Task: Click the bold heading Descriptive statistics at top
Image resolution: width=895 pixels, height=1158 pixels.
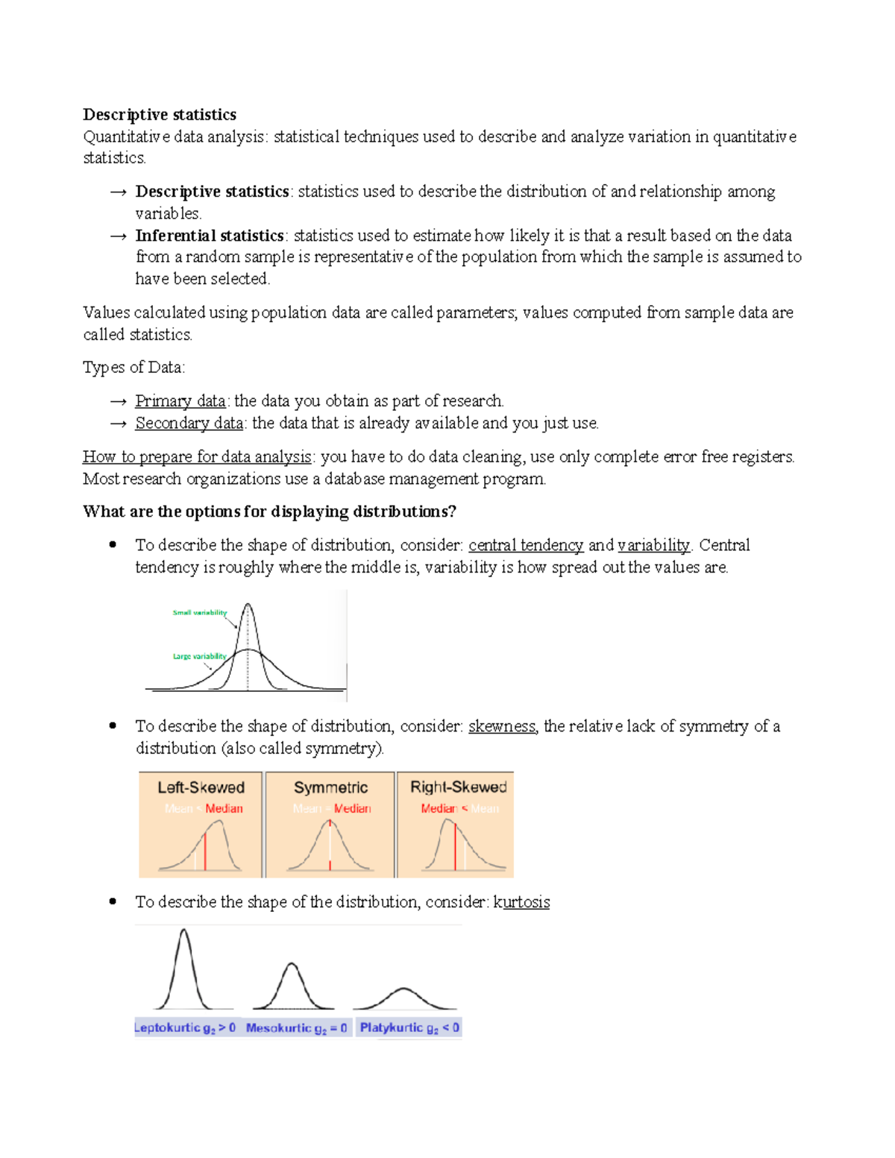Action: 159,114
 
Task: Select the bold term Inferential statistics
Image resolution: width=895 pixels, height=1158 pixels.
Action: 209,236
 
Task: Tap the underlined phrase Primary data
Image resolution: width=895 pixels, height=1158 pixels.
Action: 180,401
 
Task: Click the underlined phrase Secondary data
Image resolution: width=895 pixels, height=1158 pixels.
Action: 189,424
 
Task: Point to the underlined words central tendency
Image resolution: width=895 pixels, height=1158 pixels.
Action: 525,545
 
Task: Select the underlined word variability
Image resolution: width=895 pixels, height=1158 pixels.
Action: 653,545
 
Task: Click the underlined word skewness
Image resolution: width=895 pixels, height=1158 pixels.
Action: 501,726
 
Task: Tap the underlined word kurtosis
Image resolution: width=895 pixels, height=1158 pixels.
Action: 521,902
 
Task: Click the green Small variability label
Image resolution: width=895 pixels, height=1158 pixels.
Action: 199,613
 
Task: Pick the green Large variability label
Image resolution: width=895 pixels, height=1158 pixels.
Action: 199,657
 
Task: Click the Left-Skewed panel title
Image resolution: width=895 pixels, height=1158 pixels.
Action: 201,787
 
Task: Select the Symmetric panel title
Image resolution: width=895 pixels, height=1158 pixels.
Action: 330,787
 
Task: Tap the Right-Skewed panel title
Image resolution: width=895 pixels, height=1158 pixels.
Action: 458,787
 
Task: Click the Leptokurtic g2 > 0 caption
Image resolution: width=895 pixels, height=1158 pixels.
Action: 185,1028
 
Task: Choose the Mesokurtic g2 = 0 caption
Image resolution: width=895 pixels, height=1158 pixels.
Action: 296,1028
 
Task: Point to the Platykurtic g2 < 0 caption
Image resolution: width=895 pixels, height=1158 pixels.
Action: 409,1028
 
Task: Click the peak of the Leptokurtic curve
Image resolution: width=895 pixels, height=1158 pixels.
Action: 183,931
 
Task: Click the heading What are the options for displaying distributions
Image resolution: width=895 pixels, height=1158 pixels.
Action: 269,512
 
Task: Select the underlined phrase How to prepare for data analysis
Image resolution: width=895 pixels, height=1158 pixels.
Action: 197,456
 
